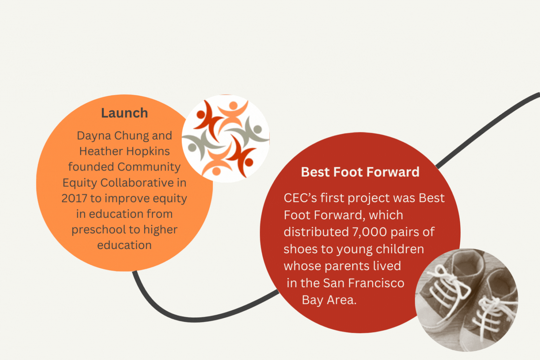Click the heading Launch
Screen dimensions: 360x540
pyautogui.click(x=124, y=113)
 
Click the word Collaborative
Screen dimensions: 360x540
pyautogui.click(x=137, y=183)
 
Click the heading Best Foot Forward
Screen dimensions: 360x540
pyautogui.click(x=360, y=172)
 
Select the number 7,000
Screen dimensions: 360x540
pyautogui.click(x=370, y=232)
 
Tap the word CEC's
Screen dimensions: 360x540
pyautogui.click(x=300, y=198)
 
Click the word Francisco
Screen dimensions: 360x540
pyautogui.click(x=376, y=283)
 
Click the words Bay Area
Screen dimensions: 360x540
pyautogui.click(x=329, y=300)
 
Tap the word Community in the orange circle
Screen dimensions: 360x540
pyautogui.click(x=149, y=167)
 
